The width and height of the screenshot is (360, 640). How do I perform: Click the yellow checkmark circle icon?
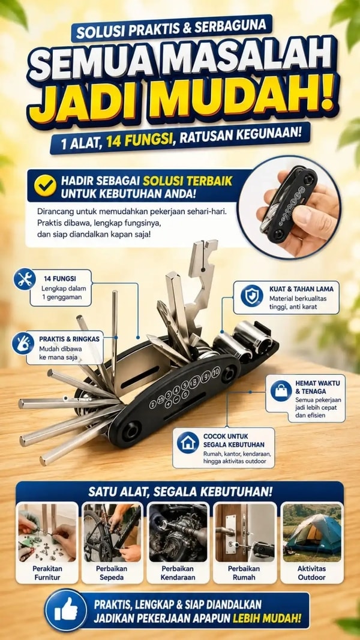(45, 186)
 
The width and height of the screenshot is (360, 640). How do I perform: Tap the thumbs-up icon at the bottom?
(66, 611)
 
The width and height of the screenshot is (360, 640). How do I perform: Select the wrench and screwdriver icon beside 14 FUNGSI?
(25, 279)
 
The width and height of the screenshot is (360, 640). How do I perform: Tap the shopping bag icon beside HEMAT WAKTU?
(281, 391)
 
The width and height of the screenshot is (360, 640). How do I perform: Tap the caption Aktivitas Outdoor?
(312, 573)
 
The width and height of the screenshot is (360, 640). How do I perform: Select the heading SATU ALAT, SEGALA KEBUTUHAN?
(180, 492)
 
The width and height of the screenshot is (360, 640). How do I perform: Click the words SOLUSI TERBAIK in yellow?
(187, 181)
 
